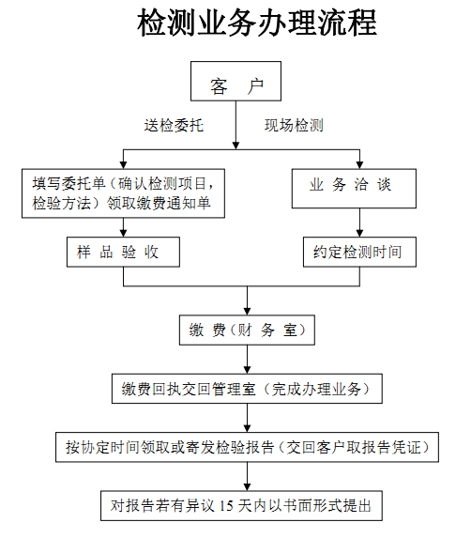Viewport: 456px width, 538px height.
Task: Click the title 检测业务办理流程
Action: pyautogui.click(x=257, y=23)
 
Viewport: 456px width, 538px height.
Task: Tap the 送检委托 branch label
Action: pyautogui.click(x=174, y=125)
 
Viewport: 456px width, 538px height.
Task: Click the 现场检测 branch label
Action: pyautogui.click(x=294, y=125)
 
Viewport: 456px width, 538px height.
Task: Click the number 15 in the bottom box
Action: pyautogui.click(x=226, y=506)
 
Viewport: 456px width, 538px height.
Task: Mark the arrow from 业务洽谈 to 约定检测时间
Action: pyautogui.click(x=359, y=223)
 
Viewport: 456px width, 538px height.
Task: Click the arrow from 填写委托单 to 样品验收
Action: pyautogui.click(x=124, y=227)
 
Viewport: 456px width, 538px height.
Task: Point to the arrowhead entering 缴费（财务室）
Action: pyautogui.click(x=247, y=311)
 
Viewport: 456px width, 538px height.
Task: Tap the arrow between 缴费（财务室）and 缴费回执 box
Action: pyautogui.click(x=247, y=360)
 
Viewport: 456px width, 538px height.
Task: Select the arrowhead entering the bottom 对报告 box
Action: pyautogui.click(x=247, y=486)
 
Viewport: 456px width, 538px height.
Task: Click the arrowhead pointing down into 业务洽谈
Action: pyautogui.click(x=359, y=164)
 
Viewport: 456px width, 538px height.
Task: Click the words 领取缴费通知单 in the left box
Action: pyautogui.click(x=159, y=203)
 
